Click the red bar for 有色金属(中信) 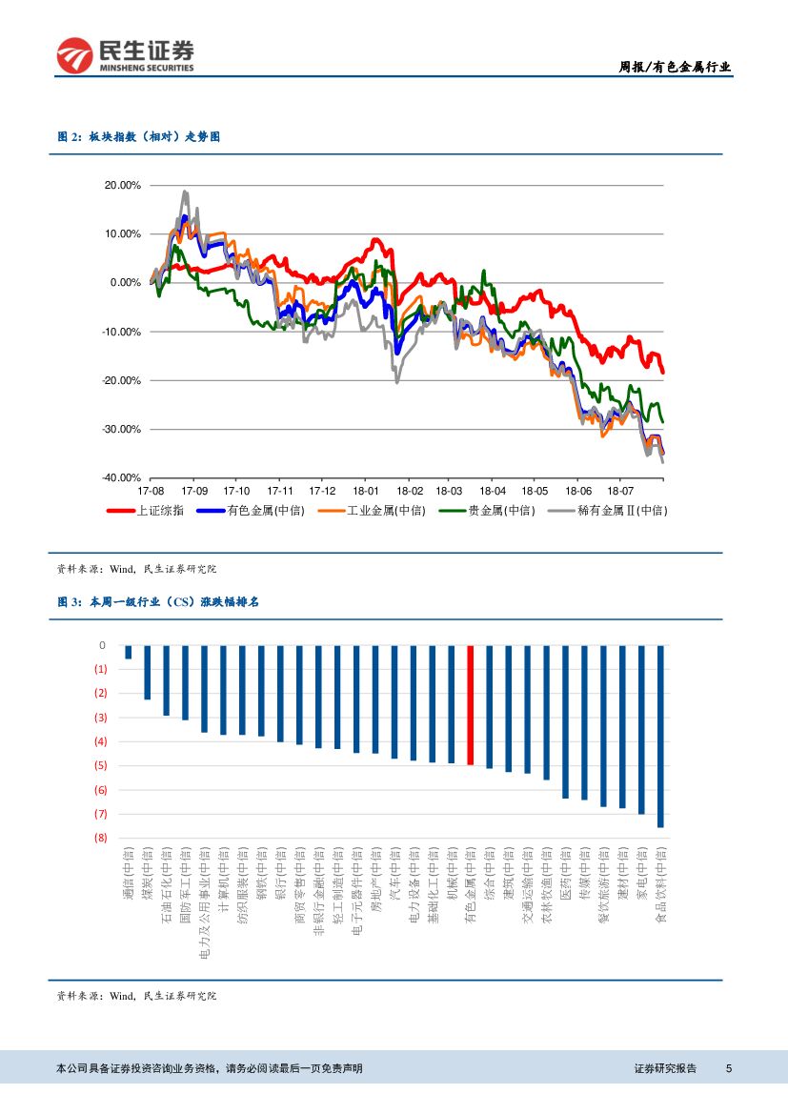tap(470, 705)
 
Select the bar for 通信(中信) tap(129, 652)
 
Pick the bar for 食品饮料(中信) tap(660, 736)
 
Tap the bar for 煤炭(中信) tap(148, 673)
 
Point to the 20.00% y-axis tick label tap(123, 185)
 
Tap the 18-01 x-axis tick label tap(365, 491)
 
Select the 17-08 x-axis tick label tap(152, 491)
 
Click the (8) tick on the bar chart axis tap(100, 838)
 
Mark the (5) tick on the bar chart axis tap(100, 765)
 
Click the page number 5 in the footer tap(729, 1068)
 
